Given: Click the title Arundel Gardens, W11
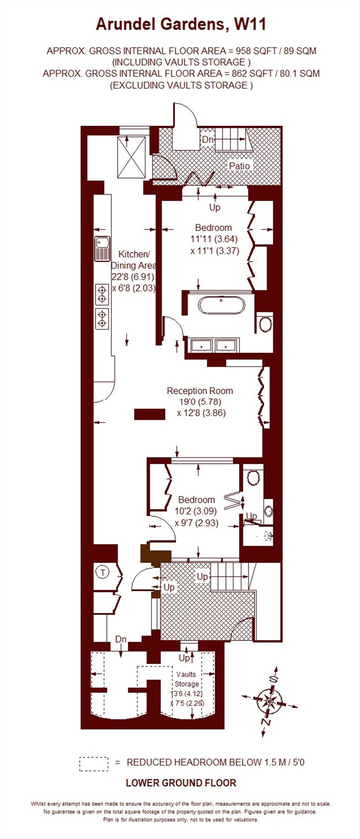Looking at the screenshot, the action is (181, 24).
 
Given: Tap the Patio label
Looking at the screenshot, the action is (239, 166).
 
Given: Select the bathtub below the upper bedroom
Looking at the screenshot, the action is (221, 305).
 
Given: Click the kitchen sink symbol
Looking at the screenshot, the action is (102, 249).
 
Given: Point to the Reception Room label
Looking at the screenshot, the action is (200, 391).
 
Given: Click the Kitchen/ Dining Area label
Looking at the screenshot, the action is (133, 260).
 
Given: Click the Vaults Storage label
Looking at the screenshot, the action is (186, 679).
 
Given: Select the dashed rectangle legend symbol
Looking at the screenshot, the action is (94, 764).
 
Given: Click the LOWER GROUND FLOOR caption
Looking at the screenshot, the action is (181, 783).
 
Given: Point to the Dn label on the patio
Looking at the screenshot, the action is (208, 140).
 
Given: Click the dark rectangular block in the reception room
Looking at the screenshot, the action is (149, 414).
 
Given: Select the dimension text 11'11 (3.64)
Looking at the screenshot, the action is (214, 239).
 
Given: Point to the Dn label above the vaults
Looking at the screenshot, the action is (121, 639).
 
